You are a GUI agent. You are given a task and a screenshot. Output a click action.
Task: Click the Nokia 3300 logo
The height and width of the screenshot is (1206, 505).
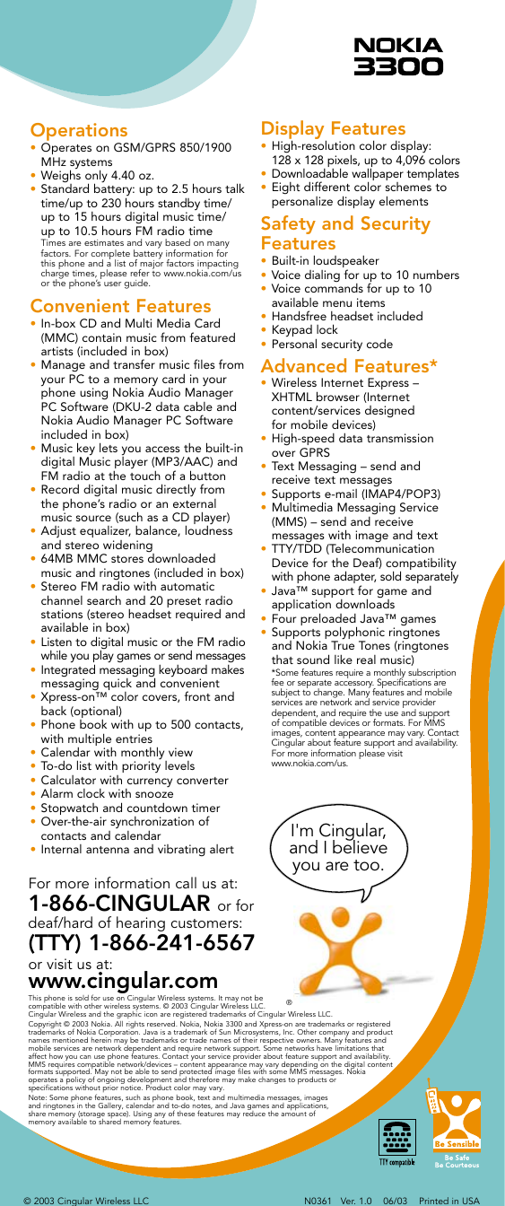coord(397,56)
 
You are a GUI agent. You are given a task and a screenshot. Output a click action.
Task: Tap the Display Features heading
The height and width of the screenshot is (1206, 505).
coord(333,129)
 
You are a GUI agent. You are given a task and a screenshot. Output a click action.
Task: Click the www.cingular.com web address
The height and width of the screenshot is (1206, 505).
coord(124,982)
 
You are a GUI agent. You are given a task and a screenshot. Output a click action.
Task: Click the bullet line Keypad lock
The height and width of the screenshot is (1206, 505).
coord(303,329)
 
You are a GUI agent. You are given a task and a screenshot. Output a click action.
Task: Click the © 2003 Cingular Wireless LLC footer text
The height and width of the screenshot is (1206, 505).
coord(85,1199)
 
